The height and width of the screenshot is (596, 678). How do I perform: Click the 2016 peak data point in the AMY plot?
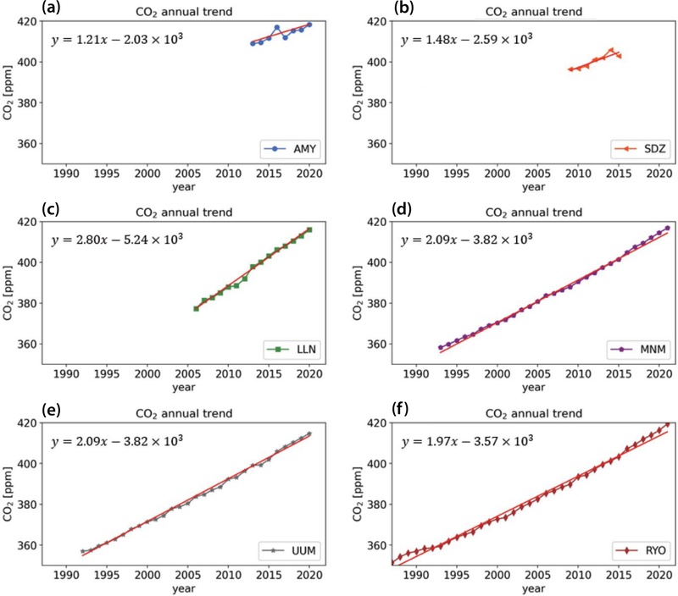click(277, 28)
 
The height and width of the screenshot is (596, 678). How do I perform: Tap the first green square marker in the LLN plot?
click(196, 309)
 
